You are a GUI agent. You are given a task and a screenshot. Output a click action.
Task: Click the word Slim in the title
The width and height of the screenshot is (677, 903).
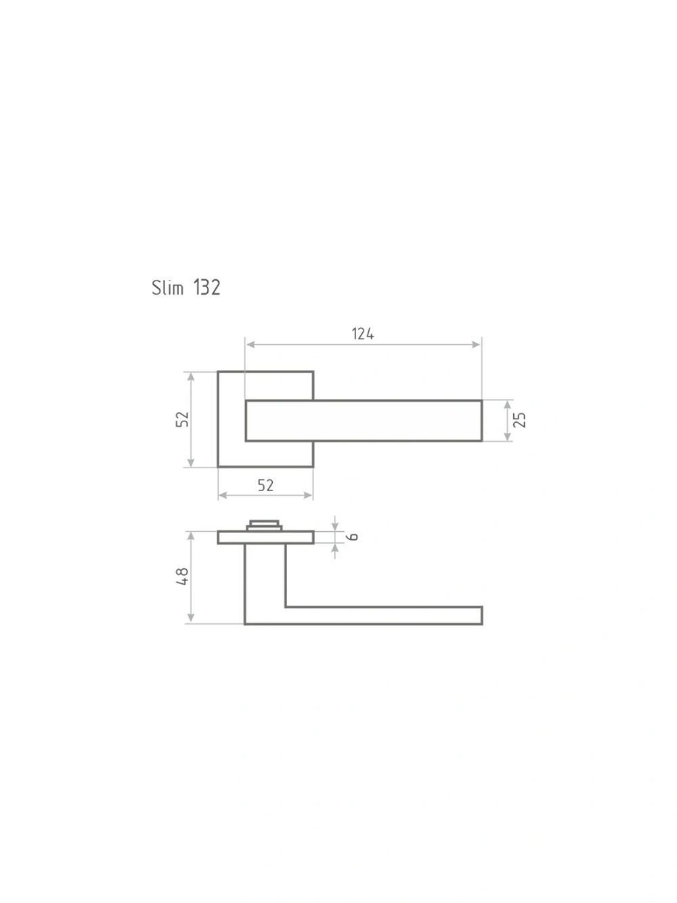click(167, 287)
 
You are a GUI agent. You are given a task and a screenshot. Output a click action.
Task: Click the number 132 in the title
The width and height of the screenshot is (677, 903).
click(206, 287)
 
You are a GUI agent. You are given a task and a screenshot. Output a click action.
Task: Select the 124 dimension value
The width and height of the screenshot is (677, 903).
click(363, 334)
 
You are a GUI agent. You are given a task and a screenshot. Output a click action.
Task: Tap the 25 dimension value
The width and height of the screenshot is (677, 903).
click(520, 419)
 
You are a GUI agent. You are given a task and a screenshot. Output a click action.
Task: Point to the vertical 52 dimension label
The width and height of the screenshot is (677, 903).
click(182, 419)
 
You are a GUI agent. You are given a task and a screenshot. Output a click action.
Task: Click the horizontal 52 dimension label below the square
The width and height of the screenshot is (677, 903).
click(265, 486)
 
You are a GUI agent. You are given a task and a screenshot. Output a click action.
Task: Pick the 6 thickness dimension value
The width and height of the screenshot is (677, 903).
click(353, 537)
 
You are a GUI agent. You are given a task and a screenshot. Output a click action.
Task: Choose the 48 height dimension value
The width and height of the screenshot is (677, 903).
click(182, 576)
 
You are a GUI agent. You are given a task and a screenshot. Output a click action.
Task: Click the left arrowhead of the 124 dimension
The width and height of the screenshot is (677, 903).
click(250, 344)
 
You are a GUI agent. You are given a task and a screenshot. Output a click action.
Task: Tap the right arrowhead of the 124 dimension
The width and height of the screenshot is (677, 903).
click(476, 344)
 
